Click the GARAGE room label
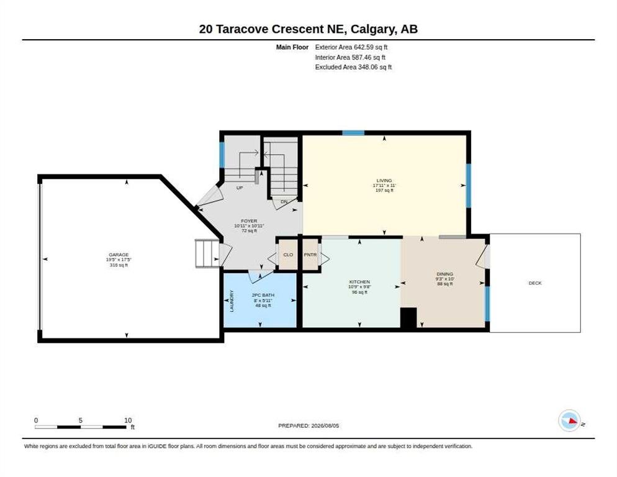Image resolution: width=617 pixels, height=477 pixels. tap(119, 255)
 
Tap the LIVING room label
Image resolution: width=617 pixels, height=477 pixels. tap(384, 180)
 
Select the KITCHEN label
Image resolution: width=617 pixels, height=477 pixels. tap(359, 281)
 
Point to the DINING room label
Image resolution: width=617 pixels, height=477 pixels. tap(444, 274)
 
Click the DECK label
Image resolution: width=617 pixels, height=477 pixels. tap(535, 283)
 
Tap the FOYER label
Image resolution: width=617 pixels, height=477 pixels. tap(249, 221)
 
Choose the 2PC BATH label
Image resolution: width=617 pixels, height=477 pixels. tap(263, 295)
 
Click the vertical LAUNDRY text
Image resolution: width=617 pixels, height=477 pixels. tap(232, 301)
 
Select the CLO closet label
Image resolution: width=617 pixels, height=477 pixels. tap(288, 255)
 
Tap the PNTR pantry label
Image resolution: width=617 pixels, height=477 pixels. tap(310, 255)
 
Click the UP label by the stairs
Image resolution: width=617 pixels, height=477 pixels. tap(240, 188)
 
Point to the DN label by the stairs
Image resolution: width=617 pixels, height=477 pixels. tap(284, 202)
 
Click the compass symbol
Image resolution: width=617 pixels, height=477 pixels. tap(569, 420)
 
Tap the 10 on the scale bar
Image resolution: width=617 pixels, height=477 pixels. tap(128, 420)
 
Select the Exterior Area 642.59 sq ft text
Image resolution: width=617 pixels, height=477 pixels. tap(351, 47)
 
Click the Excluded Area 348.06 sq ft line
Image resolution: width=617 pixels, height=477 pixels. tap(353, 67)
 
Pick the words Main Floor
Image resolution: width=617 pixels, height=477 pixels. tap(292, 47)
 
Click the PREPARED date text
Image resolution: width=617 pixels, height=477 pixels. tap(308, 426)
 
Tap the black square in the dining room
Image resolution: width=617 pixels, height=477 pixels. tap(408, 317)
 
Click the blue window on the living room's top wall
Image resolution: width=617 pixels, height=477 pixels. tap(353, 133)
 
